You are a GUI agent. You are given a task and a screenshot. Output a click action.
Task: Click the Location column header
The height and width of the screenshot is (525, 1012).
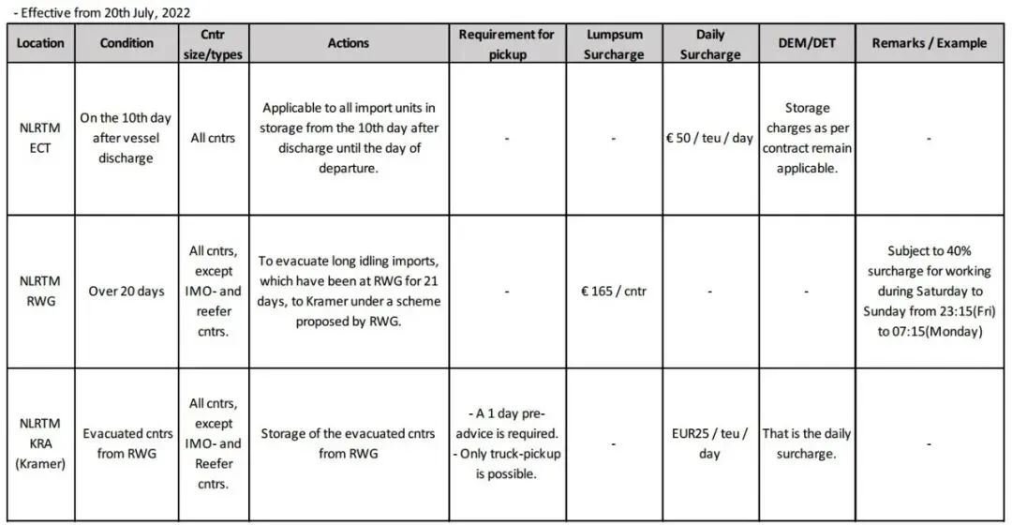(x=40, y=43)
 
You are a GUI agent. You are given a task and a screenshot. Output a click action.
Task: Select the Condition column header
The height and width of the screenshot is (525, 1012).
(x=126, y=43)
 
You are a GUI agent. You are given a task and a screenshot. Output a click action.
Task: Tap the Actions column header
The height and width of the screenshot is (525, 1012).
(x=348, y=43)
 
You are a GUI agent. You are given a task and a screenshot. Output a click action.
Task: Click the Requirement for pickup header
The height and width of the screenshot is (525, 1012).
(x=506, y=44)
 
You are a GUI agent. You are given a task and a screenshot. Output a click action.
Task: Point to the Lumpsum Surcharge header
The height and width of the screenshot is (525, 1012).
(x=614, y=44)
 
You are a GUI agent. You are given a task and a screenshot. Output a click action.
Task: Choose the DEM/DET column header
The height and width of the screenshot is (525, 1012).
(x=807, y=43)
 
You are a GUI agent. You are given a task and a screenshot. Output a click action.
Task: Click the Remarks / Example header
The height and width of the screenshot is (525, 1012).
(x=929, y=43)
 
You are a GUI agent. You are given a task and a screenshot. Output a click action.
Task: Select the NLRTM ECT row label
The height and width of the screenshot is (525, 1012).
(x=40, y=138)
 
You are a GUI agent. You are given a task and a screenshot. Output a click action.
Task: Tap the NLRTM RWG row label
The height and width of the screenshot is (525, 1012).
(x=40, y=291)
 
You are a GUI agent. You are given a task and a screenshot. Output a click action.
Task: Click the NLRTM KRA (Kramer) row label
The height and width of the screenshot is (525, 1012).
(x=40, y=442)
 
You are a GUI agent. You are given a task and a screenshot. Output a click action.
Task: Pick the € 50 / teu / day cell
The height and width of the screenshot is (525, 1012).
(x=709, y=138)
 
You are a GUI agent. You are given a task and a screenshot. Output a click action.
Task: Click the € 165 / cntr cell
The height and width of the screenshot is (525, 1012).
(x=614, y=291)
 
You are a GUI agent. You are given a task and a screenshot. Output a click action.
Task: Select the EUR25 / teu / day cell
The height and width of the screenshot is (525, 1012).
(x=709, y=443)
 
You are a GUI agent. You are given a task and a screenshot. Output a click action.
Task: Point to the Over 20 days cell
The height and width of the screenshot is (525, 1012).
(x=126, y=291)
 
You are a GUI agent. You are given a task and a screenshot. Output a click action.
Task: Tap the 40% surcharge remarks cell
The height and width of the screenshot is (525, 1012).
(x=929, y=291)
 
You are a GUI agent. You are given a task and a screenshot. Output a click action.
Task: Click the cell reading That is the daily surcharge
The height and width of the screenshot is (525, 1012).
(x=807, y=443)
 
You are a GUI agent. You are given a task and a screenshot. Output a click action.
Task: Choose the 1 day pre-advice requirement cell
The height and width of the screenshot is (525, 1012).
(x=506, y=443)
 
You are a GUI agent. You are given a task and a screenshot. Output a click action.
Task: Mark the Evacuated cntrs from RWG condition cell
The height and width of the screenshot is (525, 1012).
(x=126, y=443)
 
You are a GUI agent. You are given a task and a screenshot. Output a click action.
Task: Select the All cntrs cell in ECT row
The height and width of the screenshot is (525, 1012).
(x=213, y=138)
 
